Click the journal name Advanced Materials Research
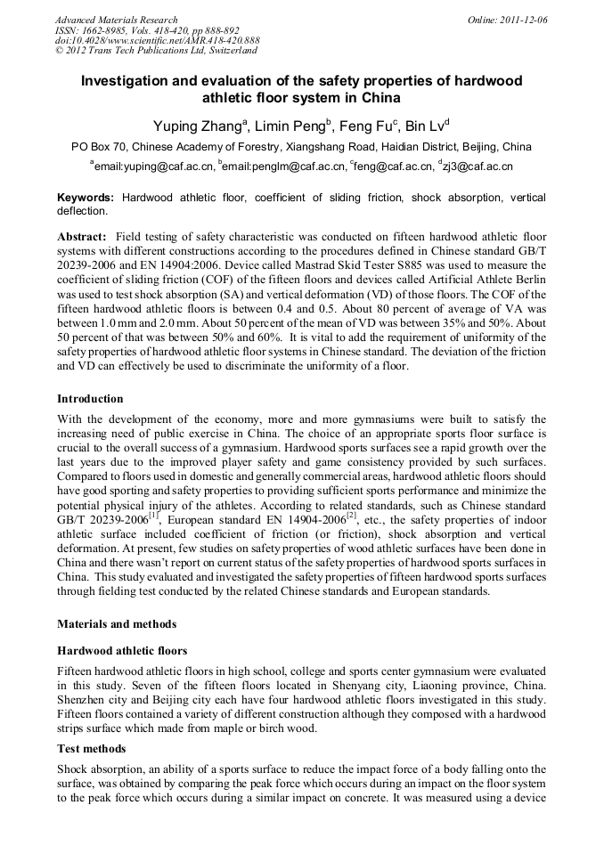pyautogui.click(x=116, y=20)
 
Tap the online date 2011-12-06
pyautogui.click(x=522, y=20)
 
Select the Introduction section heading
pyautogui.click(x=90, y=398)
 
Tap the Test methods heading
pyautogui.click(x=91, y=749)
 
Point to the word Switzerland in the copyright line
pyautogui.click(x=230, y=52)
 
